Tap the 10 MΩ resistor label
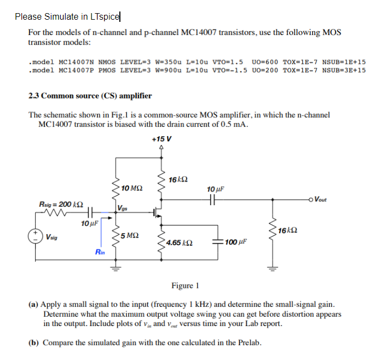point(132,188)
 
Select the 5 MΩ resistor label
point(132,236)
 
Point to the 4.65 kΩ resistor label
point(179,242)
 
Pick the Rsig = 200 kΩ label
point(61,204)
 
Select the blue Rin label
point(100,252)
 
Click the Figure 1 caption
point(185,286)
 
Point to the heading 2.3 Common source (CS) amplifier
point(90,96)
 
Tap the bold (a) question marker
point(34,304)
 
